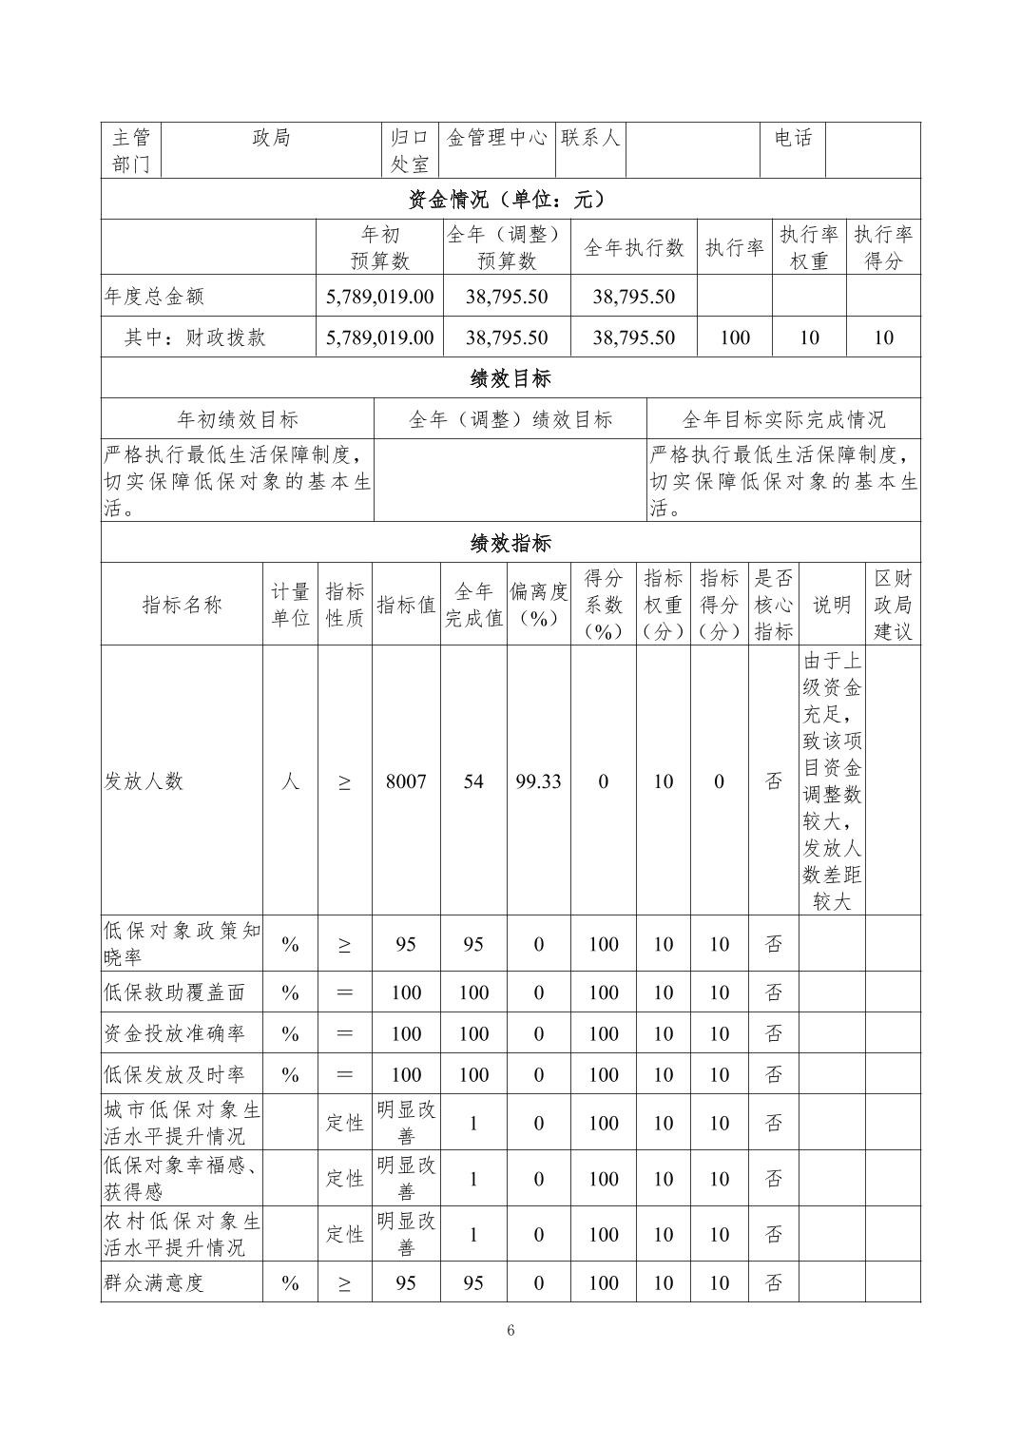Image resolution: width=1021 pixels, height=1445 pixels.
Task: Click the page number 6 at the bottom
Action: pyautogui.click(x=510, y=1330)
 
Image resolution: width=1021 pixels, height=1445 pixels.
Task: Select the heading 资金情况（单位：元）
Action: pyautogui.click(x=510, y=200)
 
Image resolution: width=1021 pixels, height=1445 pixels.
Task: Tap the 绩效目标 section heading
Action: pyautogui.click(x=510, y=378)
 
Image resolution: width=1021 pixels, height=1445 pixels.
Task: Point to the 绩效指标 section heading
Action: pyautogui.click(x=510, y=544)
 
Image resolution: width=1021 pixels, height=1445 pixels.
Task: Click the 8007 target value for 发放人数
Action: pyautogui.click(x=406, y=781)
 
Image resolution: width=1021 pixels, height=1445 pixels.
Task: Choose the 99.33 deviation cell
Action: pyautogui.click(x=538, y=781)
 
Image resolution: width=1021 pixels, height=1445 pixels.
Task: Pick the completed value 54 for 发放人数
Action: pyautogui.click(x=473, y=781)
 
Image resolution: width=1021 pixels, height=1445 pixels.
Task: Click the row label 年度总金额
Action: pyautogui.click(x=154, y=297)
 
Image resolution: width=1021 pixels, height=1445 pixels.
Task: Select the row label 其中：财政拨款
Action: pyautogui.click(x=195, y=337)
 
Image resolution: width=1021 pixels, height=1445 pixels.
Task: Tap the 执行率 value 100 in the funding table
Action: pyautogui.click(x=735, y=337)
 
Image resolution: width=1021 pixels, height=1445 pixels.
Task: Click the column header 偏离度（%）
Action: pyautogui.click(x=538, y=605)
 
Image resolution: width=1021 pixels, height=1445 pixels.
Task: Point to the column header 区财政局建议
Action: pyautogui.click(x=893, y=605)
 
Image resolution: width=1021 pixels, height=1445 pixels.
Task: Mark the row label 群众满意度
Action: pyautogui.click(x=154, y=1282)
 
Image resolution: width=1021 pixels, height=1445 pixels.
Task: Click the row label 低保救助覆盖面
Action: pyautogui.click(x=174, y=992)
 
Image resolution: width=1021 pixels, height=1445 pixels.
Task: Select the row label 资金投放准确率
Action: pyautogui.click(x=174, y=1033)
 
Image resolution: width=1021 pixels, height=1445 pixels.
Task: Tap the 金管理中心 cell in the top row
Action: pyautogui.click(x=497, y=138)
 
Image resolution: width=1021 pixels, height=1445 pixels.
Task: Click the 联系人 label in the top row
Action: pyautogui.click(x=590, y=138)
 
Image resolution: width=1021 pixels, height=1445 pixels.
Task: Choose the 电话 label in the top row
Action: pyautogui.click(x=793, y=138)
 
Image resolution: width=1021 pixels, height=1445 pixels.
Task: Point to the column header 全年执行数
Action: pyautogui.click(x=633, y=248)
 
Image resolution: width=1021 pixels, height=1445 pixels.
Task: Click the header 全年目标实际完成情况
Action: pyautogui.click(x=783, y=419)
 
